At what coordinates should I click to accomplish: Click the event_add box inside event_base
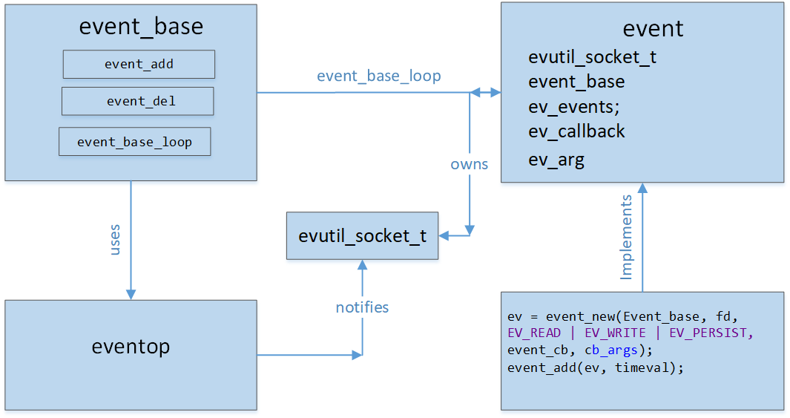[x=139, y=65]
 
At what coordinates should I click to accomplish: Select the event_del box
[x=138, y=102]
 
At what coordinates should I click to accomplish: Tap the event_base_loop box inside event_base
[x=135, y=142]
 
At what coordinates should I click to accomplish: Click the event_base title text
[x=141, y=27]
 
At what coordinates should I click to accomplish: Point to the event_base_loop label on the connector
[x=378, y=76]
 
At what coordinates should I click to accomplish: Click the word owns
[x=469, y=164]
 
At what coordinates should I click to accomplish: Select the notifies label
[x=362, y=307]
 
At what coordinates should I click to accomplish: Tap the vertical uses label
[x=115, y=240]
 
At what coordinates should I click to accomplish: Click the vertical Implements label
[x=626, y=237]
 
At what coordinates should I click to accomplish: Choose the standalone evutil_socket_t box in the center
[x=362, y=236]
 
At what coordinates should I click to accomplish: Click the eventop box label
[x=131, y=346]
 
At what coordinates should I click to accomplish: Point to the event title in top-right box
[x=653, y=29]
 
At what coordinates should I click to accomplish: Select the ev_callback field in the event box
[x=576, y=131]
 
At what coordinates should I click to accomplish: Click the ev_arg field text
[x=556, y=159]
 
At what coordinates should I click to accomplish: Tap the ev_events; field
[x=573, y=106]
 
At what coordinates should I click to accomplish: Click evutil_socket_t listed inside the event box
[x=592, y=57]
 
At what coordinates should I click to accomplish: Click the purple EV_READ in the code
[x=534, y=333]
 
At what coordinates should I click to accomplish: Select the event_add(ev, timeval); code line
[x=595, y=368]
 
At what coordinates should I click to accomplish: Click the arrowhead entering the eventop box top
[x=131, y=294]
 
